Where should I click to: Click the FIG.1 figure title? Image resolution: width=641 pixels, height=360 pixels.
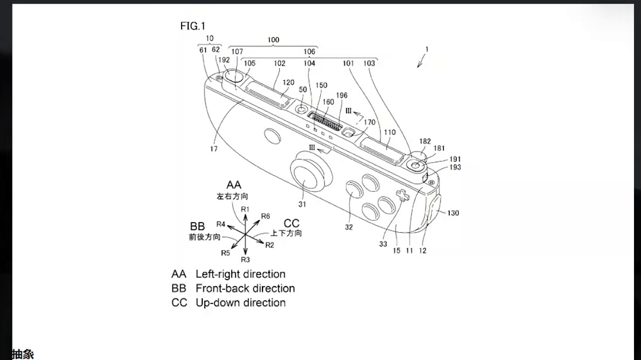click(x=192, y=26)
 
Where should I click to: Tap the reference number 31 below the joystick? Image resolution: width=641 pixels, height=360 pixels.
click(x=302, y=204)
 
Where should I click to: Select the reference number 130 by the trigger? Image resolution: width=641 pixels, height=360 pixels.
click(x=453, y=213)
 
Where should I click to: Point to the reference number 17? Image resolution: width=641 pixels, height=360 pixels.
click(x=214, y=149)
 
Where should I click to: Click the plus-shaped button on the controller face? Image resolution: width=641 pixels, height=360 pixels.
click(x=401, y=197)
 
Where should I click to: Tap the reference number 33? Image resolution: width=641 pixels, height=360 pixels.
click(x=383, y=244)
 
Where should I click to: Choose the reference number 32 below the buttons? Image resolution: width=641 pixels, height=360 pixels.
click(x=349, y=227)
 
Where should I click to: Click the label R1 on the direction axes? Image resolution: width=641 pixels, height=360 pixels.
click(x=245, y=209)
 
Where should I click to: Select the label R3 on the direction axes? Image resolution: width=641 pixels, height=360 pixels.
click(x=245, y=259)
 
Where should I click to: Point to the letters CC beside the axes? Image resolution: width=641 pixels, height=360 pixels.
click(x=291, y=223)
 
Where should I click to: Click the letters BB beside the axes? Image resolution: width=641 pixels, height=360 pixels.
click(x=197, y=226)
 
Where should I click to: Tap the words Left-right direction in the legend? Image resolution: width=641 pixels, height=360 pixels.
click(x=240, y=274)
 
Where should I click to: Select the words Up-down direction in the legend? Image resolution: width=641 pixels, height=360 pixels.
click(x=240, y=303)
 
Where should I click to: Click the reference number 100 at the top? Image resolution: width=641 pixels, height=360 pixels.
click(x=273, y=40)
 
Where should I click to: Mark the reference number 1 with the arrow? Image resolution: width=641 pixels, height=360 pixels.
click(x=426, y=49)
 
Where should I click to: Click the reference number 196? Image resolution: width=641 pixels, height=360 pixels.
click(x=342, y=96)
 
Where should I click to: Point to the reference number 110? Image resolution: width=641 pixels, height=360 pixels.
click(x=389, y=133)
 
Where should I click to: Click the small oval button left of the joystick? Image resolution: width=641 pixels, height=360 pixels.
click(x=272, y=137)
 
